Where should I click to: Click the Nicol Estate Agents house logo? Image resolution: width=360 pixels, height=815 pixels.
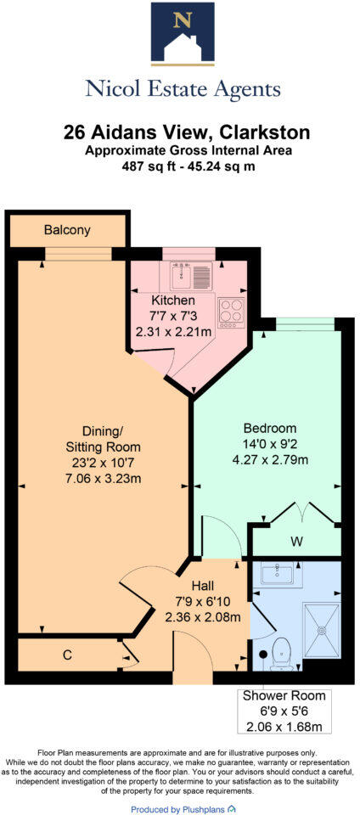coord(180,34)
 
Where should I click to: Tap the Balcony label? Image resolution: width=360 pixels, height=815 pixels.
coord(67,230)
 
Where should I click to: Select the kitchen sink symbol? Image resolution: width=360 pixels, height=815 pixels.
coord(191,275)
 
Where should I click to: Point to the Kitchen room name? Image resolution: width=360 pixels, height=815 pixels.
coord(173,301)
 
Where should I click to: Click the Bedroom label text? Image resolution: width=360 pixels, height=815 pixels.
coord(269,428)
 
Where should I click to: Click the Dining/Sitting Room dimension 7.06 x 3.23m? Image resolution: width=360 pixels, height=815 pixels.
coord(103,479)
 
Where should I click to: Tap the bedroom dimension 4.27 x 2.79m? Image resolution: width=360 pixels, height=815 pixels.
coord(269,460)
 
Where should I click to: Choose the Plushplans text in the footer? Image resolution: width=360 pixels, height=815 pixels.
coord(201,810)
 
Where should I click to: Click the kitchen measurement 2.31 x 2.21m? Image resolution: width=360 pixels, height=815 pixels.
coord(173,332)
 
